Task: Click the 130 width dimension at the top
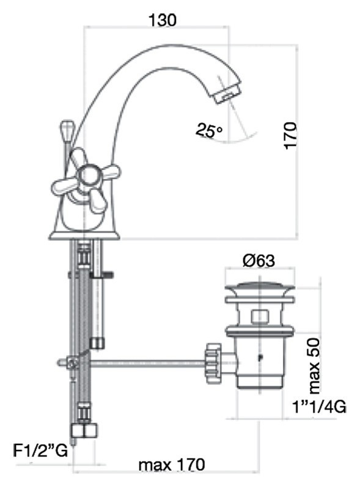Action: (x=162, y=20)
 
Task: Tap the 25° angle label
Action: (x=209, y=130)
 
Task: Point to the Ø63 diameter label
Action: (x=259, y=261)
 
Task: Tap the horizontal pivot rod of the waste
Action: (x=147, y=364)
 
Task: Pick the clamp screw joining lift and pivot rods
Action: (x=72, y=364)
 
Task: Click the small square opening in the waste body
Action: (x=259, y=316)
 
